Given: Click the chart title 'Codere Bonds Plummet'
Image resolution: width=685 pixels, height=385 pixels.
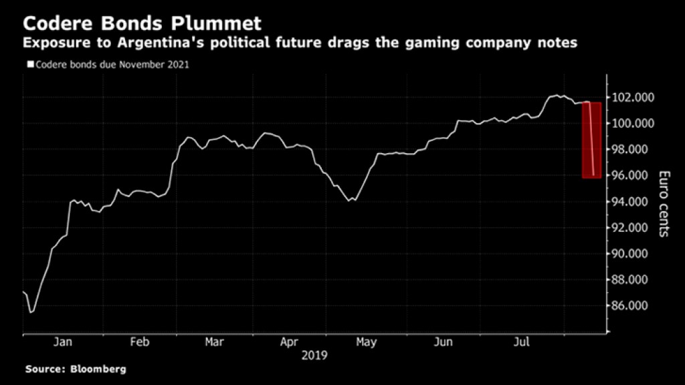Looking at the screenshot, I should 142,24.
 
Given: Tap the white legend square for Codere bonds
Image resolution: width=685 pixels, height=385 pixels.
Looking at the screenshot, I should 29,65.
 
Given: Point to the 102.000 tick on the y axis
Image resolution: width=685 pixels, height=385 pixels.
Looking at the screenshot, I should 634,98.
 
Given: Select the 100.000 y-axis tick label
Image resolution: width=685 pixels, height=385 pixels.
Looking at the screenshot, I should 634,124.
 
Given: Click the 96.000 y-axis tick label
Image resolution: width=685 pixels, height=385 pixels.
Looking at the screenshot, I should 634,176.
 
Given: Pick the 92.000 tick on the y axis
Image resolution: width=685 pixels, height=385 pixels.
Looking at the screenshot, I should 634,228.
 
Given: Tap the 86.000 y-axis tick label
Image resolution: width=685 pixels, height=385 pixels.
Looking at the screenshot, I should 634,306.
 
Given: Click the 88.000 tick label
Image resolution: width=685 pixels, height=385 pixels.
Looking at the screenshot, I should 634,280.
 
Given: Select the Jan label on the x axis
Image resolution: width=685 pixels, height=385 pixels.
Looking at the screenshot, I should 63,342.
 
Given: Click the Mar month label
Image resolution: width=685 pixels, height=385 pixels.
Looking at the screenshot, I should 215,342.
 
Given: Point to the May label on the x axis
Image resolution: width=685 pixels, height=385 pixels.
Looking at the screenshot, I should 366,342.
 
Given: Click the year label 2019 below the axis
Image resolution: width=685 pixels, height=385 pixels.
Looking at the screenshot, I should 313,356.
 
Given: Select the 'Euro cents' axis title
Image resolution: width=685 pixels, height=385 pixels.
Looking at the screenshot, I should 665,204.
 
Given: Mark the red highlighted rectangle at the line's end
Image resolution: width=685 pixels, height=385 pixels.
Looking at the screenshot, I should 591,140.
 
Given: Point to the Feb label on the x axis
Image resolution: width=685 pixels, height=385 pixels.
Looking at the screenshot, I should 138,342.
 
